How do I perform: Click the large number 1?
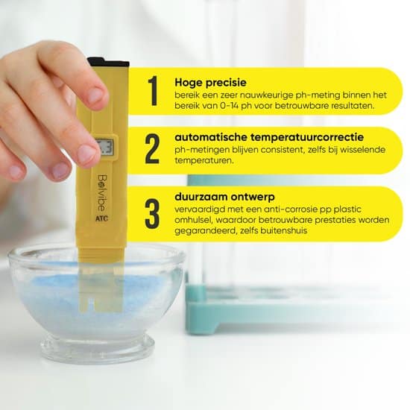tap(153, 91)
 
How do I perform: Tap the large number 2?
tap(152, 149)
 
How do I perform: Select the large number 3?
tap(152, 214)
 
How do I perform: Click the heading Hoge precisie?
tap(210, 83)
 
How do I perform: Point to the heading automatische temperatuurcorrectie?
tap(269, 137)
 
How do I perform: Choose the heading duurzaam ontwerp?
tap(224, 197)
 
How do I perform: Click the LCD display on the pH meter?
tap(104, 148)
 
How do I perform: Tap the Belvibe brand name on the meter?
tap(102, 193)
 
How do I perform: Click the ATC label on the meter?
tap(101, 218)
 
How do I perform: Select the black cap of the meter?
tap(108, 62)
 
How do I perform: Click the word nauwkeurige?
tap(266, 95)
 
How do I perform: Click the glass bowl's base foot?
tap(98, 348)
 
